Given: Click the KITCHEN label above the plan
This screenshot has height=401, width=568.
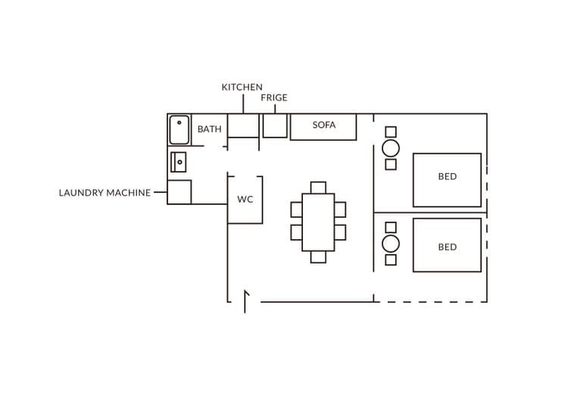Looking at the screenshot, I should point(242,88).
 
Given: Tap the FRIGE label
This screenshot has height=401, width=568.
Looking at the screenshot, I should point(274,98).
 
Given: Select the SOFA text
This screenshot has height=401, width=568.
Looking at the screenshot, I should point(324,126).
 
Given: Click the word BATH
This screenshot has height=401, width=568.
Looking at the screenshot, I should point(210,129).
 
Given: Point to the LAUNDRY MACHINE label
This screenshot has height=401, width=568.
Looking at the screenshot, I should point(105,193).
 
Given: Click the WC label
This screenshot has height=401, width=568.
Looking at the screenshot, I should point(245,200).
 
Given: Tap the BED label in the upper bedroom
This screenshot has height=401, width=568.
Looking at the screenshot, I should point(447,177).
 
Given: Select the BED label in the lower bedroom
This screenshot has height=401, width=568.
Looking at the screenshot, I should point(447,247).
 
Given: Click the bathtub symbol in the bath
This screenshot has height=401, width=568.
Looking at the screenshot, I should point(179,129).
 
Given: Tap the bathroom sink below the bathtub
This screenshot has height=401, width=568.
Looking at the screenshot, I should point(178,162).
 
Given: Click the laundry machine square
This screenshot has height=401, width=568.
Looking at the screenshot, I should point(179,192).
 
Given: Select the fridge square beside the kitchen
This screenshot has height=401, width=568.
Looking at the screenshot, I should point(275,126).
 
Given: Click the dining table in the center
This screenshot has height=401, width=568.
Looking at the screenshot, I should point(318,222).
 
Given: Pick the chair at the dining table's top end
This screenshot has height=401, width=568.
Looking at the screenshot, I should point(318,188).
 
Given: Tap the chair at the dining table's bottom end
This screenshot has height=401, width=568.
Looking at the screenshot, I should point(318,257).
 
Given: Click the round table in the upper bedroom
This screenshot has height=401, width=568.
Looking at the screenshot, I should point(391,148).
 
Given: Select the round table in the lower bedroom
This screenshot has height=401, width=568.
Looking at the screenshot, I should point(391,244).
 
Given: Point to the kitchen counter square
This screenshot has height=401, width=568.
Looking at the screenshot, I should point(243,126).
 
